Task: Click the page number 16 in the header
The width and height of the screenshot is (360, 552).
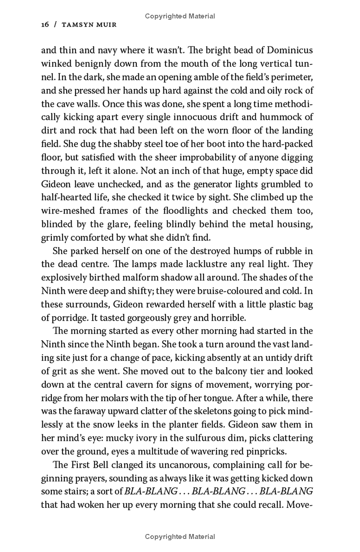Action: click(45, 25)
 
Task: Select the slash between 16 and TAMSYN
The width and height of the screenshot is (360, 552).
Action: click(55, 25)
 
